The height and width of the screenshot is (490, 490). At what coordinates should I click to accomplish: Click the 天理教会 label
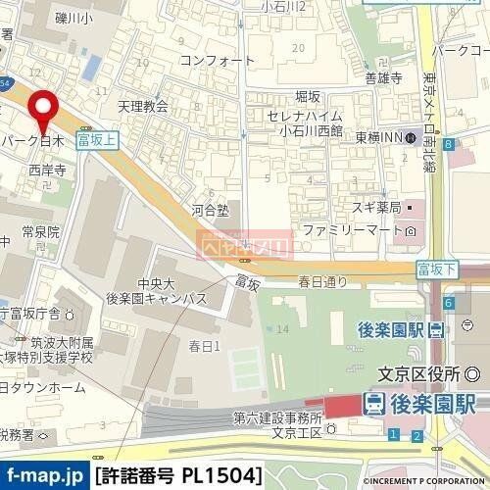click(x=143, y=107)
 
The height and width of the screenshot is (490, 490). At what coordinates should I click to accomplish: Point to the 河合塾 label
click(x=209, y=210)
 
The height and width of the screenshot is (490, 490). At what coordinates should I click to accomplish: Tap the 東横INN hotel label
click(x=384, y=137)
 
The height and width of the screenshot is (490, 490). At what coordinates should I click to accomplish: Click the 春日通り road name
click(x=323, y=282)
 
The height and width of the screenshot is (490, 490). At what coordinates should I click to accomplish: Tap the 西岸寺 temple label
click(x=46, y=171)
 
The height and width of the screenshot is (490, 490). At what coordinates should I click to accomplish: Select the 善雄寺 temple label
click(x=381, y=79)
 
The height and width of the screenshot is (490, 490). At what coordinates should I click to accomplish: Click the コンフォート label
click(x=211, y=60)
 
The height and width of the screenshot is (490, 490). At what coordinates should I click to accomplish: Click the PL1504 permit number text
click(x=220, y=476)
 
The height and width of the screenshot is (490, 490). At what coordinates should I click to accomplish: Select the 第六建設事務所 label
click(x=277, y=416)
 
